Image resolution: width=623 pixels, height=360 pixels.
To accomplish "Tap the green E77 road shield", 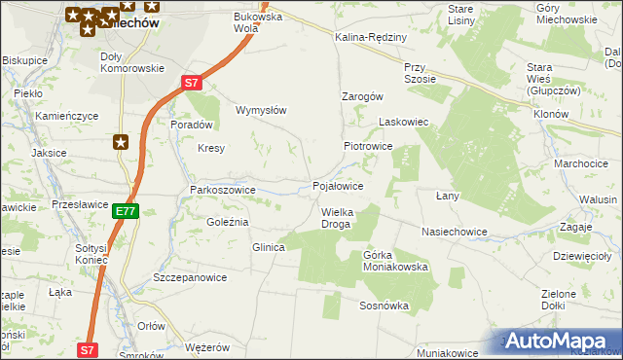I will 125,210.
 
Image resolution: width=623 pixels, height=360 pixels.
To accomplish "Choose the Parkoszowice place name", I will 222,190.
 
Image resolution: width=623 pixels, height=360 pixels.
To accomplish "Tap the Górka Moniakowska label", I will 395,260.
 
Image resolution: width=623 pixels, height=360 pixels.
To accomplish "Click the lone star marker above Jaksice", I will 121,142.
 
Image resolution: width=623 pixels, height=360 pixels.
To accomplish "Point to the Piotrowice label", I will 367,146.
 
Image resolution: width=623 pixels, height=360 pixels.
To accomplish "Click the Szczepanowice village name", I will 190,277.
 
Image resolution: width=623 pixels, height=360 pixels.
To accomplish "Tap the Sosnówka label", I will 384,306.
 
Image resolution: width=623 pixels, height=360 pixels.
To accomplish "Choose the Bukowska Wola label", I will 257,21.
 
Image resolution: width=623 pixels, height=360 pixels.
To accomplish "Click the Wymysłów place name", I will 261,110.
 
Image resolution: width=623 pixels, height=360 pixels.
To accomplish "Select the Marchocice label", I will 580,163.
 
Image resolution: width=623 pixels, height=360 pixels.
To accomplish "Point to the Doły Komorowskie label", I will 132,61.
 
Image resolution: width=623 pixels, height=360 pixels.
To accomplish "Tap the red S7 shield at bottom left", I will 87,349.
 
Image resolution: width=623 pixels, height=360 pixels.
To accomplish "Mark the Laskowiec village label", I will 403,123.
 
